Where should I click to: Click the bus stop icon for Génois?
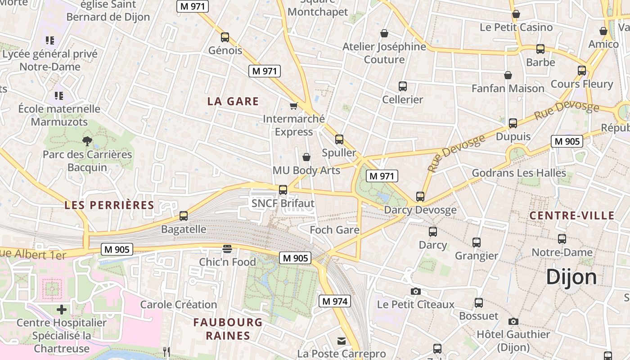coord(225,37)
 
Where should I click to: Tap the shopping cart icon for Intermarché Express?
coord(294,106)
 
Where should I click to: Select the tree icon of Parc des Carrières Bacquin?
coord(87,141)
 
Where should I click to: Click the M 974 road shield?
coord(335,301)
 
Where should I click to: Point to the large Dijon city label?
coord(571,277)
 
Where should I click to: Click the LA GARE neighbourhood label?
coord(233,101)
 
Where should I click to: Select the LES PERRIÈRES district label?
coord(109,205)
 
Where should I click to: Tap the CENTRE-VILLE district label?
coord(571,216)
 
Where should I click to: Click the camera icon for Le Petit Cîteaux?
coord(416,292)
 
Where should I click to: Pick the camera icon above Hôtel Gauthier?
coord(513,321)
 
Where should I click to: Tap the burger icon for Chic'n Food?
coord(227,249)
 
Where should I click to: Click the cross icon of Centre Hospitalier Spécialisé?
coord(62,310)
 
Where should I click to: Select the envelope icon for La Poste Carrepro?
coord(342,341)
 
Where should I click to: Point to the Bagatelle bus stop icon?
coord(184,216)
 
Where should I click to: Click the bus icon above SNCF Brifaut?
coord(283,190)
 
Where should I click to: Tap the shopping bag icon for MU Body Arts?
coord(306,157)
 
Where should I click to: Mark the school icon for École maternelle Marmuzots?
coord(59,95)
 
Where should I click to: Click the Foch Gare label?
coord(334,230)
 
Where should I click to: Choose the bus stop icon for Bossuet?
coord(479,303)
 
